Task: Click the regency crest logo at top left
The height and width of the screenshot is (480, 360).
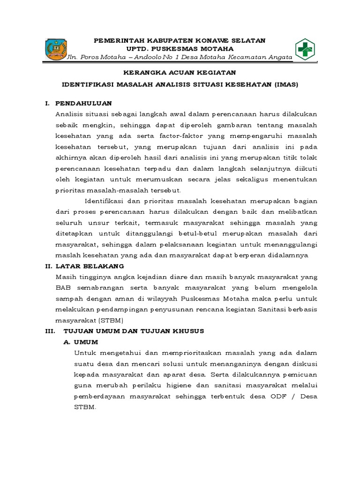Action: [56, 49]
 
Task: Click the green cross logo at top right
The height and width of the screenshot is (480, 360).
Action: [305, 49]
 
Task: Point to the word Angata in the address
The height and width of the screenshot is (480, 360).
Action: [279, 57]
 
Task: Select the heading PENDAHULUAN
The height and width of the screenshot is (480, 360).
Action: [83, 103]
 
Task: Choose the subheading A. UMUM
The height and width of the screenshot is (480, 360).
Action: [81, 342]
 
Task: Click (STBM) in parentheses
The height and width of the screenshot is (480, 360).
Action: [110, 321]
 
